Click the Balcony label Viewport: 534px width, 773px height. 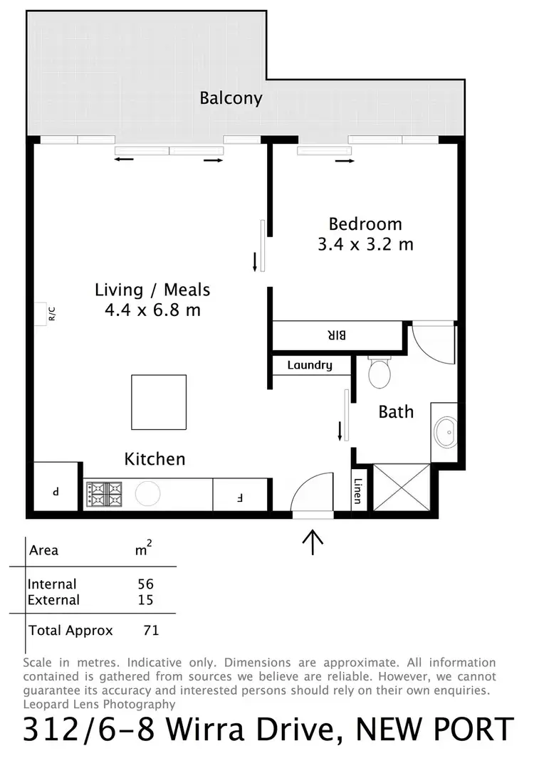pyautogui.click(x=231, y=98)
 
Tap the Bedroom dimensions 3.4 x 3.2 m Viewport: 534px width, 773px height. pyautogui.click(x=365, y=244)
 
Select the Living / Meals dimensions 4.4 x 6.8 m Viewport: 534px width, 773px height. pyautogui.click(x=152, y=310)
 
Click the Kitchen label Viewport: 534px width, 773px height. pyautogui.click(x=155, y=459)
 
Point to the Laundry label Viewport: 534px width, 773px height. pyautogui.click(x=310, y=365)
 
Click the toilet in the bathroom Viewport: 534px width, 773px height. pyautogui.click(x=379, y=372)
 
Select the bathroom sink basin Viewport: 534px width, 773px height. pyautogui.click(x=446, y=431)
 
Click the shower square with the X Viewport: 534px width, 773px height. pyautogui.click(x=402, y=487)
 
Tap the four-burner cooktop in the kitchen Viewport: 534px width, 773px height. pyautogui.click(x=105, y=493)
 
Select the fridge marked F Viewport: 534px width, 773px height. pyautogui.click(x=239, y=494)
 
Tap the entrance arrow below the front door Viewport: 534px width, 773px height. pyautogui.click(x=313, y=542)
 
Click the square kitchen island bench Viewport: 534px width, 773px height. pyautogui.click(x=159, y=402)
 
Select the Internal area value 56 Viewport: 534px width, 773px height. pyautogui.click(x=145, y=584)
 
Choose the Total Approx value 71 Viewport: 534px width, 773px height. pyautogui.click(x=150, y=630)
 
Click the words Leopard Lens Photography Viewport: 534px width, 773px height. pyautogui.click(x=99, y=704)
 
